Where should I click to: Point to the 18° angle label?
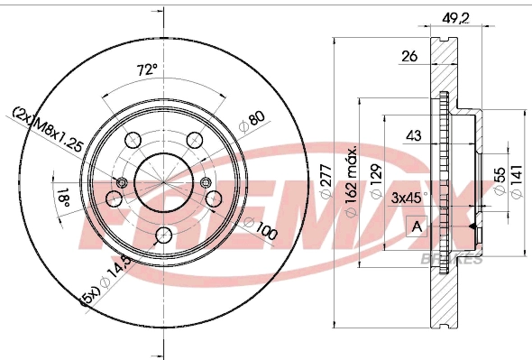coord(63,198)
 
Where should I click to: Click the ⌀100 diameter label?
coord(262,230)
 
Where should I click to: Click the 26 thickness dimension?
coord(408,57)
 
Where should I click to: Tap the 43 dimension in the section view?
coord(414,135)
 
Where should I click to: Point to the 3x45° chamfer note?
coord(412,196)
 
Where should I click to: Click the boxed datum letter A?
coord(416,226)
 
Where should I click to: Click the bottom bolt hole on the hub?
coord(162,235)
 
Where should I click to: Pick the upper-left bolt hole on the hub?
coord(132,139)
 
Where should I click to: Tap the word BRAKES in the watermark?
coord(451,259)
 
